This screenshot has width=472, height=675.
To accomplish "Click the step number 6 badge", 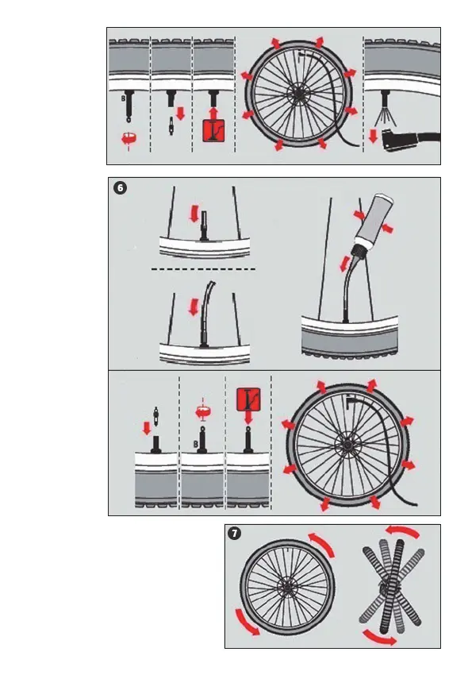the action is point(121,187).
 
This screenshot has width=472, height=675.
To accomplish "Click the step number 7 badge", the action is point(235,534).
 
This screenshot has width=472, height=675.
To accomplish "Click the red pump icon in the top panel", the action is point(213,131).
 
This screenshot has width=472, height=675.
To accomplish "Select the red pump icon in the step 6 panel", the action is point(248,399).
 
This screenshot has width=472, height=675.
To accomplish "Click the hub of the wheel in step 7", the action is point(286,587).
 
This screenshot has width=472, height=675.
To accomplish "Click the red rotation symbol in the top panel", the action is point(129,139).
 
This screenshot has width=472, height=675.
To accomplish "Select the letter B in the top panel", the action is point(124,98).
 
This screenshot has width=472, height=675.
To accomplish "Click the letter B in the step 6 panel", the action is point(196,444).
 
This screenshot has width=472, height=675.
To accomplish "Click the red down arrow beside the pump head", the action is point(373,137).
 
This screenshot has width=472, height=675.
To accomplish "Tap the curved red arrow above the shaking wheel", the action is point(402,532).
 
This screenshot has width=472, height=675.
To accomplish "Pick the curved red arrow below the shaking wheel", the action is point(379,638).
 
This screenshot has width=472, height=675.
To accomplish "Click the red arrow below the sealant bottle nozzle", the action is point(345,264).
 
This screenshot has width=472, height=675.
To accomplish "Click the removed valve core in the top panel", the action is point(171,125).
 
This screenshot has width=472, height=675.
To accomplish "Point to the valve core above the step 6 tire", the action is point(156,416).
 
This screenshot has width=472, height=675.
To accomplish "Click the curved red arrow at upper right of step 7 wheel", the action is point(321,545).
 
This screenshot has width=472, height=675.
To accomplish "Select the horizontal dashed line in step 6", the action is point(203,269).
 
